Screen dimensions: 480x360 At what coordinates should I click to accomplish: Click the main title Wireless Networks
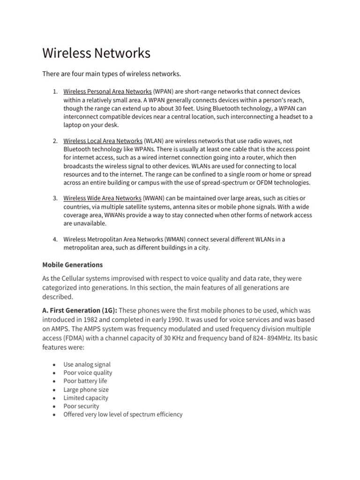[96, 53]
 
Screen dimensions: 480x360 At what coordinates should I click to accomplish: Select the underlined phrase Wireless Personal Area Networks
[107, 91]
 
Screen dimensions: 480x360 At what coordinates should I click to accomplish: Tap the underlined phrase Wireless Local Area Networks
[103, 141]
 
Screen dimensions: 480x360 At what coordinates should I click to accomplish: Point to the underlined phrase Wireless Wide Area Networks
[102, 198]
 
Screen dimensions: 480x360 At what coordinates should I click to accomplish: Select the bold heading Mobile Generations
[73, 265]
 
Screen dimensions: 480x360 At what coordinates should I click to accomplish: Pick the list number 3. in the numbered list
[55, 198]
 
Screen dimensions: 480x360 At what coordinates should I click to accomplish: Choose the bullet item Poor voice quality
[88, 373]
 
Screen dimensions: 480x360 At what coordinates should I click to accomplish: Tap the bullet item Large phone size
[86, 390]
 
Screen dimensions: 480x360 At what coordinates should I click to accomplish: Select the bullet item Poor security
[81, 406]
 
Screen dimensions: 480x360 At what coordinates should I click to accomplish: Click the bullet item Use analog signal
[87, 365]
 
